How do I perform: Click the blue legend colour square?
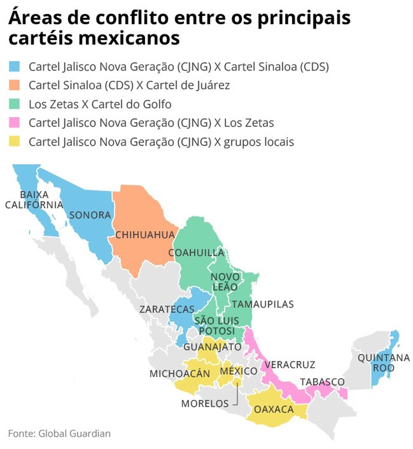[15, 66]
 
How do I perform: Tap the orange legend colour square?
[15, 85]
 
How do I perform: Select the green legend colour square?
[15, 104]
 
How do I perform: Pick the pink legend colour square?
[15, 123]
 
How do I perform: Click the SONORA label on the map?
[90, 215]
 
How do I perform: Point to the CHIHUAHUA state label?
[144, 235]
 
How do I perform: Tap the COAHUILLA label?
[196, 253]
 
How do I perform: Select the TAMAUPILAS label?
[263, 304]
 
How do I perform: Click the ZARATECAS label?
[167, 310]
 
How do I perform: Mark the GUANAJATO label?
[212, 347]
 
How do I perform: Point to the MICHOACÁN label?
[180, 373]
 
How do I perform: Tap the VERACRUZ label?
[290, 365]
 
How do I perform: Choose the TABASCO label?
[322, 382]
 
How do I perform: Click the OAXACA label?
[274, 409]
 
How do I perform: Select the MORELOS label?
[205, 404]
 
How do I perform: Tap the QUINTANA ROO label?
[383, 363]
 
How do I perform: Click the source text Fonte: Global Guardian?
[59, 433]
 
